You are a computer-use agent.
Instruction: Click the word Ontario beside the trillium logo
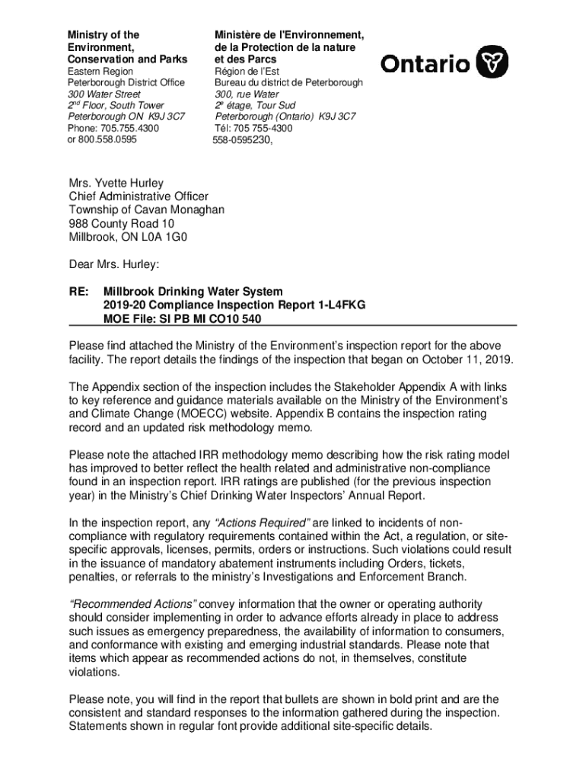tap(425, 64)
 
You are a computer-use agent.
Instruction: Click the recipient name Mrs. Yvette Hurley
tap(116, 184)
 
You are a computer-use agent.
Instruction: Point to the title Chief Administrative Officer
tap(139, 197)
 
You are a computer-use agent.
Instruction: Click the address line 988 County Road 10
tap(122, 223)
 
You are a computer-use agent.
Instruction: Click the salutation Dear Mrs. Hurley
tap(113, 264)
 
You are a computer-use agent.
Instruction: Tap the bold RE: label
tap(78, 292)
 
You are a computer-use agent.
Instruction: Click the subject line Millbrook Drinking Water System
tap(193, 292)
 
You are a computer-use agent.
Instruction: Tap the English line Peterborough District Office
tap(126, 82)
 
